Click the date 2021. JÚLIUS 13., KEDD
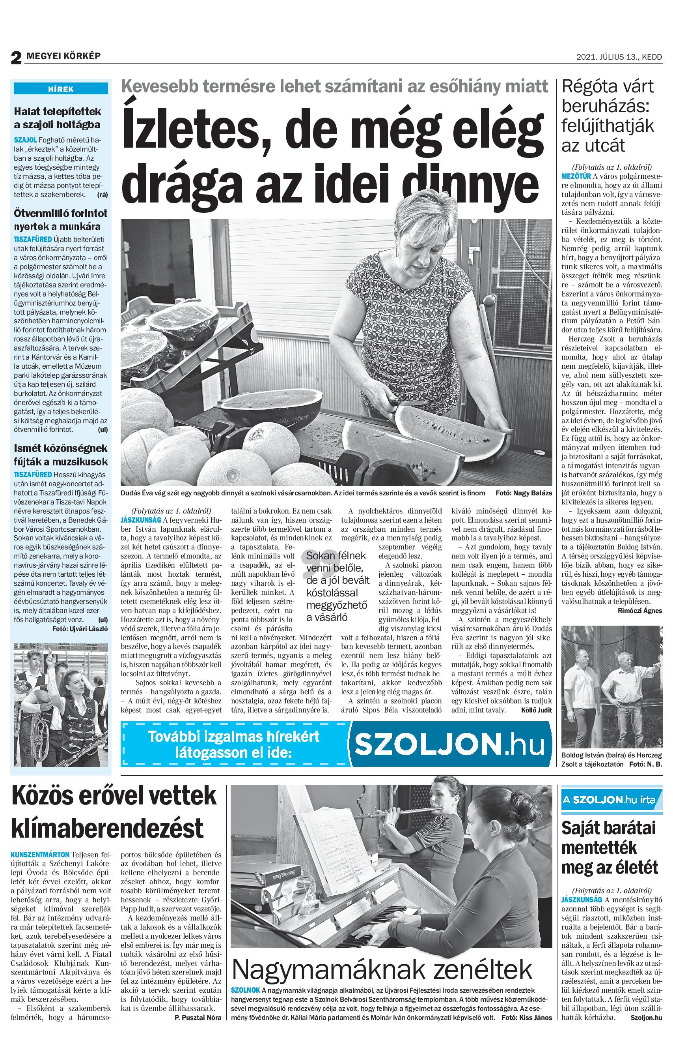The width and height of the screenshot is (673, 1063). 619,57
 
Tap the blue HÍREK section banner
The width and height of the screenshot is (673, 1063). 61,89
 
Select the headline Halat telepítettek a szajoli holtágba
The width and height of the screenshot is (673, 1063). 57,118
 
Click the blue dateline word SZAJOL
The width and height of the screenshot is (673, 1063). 25,139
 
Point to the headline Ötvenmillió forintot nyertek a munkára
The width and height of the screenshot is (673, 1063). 60,220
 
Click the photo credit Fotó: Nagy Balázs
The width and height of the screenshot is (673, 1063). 524,493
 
